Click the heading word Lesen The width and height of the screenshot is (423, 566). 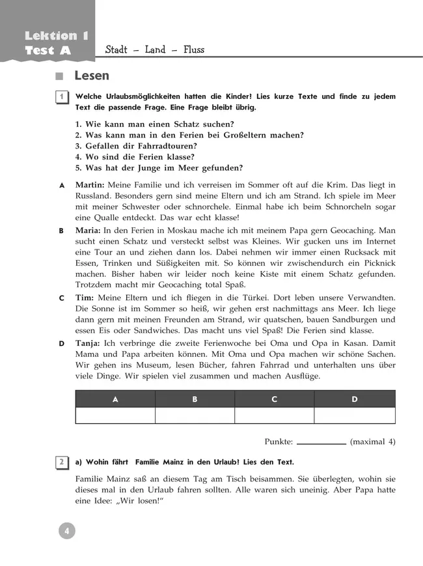pyautogui.click(x=92, y=76)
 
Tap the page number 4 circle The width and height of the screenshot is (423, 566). pyautogui.click(x=66, y=531)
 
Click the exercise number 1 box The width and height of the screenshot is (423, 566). pyautogui.click(x=61, y=97)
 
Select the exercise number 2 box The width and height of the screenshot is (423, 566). pyautogui.click(x=61, y=462)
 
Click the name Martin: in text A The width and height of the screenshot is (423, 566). pyautogui.click(x=90, y=185)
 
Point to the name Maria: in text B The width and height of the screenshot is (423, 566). pyautogui.click(x=89, y=231)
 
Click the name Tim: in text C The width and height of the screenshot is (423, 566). pyautogui.click(x=85, y=297)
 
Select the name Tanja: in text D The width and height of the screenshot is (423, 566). pyautogui.click(x=90, y=343)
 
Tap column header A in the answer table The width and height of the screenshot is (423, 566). pyautogui.click(x=115, y=399)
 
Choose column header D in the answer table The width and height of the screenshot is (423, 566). pyautogui.click(x=355, y=399)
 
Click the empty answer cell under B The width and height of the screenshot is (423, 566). pyautogui.click(x=195, y=416)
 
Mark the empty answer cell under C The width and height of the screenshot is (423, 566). pyautogui.click(x=274, y=416)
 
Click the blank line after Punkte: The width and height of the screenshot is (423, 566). pyautogui.click(x=321, y=443)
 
